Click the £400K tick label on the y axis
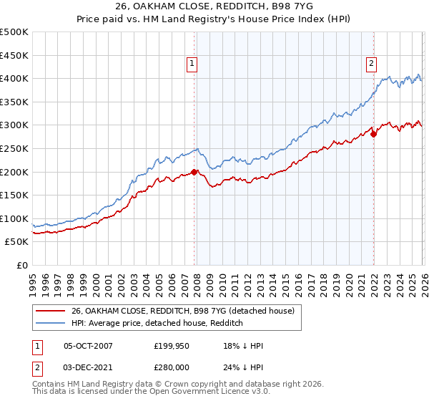tap(14, 79)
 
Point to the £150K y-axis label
tap(14, 195)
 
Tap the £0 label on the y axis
tap(23, 265)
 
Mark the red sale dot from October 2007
tap(194, 172)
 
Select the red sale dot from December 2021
tap(373, 134)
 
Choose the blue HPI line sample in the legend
tap(51, 323)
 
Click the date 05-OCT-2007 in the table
tap(88, 346)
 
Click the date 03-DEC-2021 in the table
tap(88, 367)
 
